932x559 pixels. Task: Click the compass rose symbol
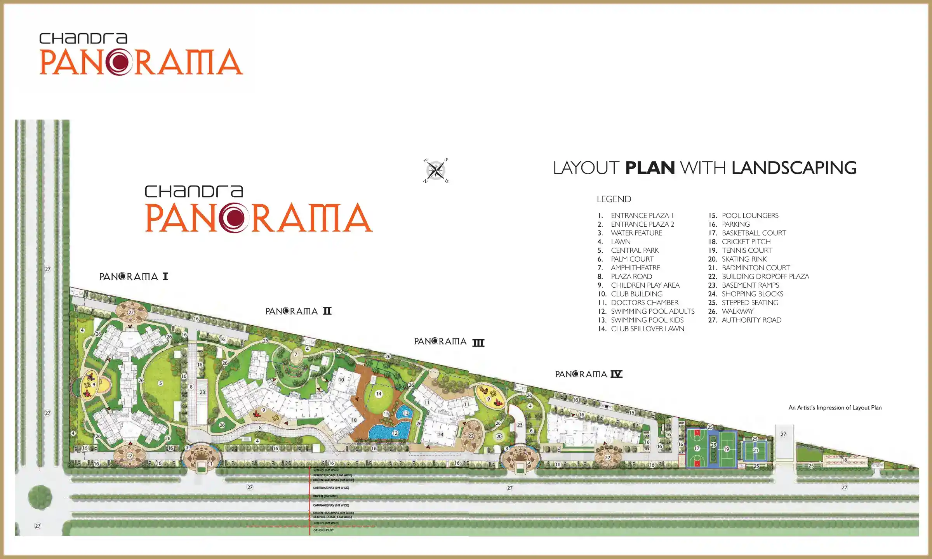click(436, 170)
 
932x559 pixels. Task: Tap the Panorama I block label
click(134, 276)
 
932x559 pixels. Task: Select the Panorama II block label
click(298, 311)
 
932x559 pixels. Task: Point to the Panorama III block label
click(449, 342)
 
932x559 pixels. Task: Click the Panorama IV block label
click(588, 374)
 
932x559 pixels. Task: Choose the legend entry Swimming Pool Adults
click(652, 311)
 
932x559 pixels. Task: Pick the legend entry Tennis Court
click(746, 250)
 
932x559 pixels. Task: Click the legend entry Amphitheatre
click(635, 268)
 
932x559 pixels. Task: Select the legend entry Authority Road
click(751, 320)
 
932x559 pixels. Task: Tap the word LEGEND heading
click(614, 199)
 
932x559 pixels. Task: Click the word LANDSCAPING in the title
click(794, 168)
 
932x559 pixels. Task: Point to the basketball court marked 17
click(697, 448)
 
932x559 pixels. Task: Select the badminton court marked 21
click(755, 451)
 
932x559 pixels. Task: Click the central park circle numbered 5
click(160, 383)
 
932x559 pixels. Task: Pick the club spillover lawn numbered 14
click(378, 394)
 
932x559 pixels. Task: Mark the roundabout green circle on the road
click(40, 497)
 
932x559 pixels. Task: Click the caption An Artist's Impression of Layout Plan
click(835, 408)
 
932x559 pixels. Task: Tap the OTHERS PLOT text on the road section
click(323, 530)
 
